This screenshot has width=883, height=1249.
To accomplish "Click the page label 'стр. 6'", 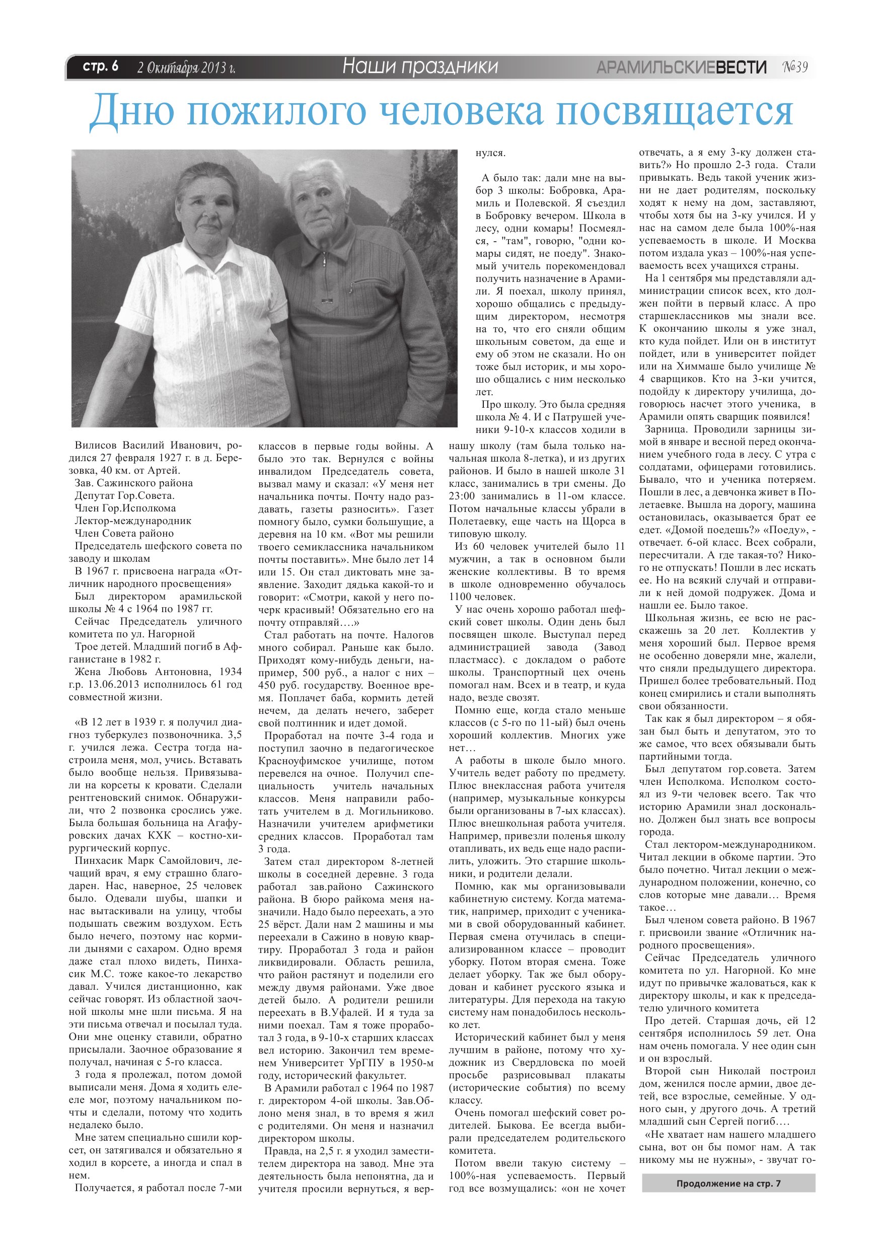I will (x=100, y=67).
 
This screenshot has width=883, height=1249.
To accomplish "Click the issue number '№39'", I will (x=795, y=67).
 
